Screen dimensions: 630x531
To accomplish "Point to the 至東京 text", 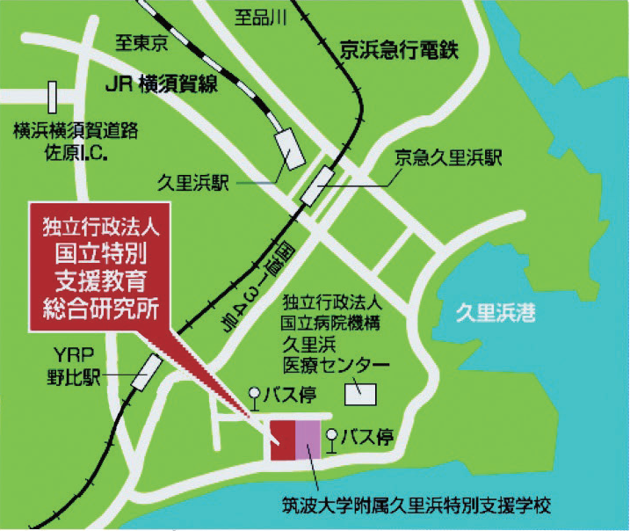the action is pyautogui.click(x=141, y=40).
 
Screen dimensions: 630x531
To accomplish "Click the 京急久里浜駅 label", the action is pyautogui.click(x=447, y=158).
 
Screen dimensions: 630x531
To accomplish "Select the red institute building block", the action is pyautogui.click(x=282, y=440).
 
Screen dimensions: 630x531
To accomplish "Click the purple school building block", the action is pyautogui.click(x=308, y=440).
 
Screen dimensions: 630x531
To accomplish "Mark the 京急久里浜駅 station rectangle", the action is pyautogui.click(x=318, y=188).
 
